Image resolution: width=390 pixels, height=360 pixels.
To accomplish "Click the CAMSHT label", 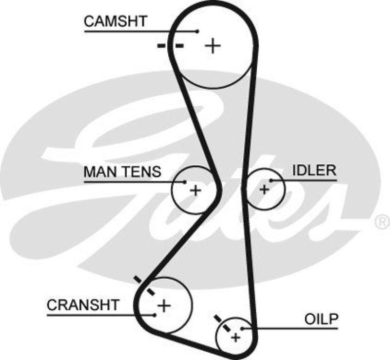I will pos(115,21).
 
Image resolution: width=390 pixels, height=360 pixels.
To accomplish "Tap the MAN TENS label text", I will pos(122,172).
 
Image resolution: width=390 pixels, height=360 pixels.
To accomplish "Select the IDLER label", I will pos(314,170).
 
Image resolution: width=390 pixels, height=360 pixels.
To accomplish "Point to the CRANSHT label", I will pos(83,305).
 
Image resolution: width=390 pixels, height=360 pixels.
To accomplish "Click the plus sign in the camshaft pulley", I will pos(213,46).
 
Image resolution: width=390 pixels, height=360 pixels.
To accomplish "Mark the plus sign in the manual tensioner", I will pos(195,190).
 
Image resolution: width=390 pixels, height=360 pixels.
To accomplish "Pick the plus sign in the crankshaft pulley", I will pos(164,306).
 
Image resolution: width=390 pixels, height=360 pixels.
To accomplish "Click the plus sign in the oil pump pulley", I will pos(236,337).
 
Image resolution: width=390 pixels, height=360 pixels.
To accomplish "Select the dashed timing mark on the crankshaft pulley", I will pos(144,285).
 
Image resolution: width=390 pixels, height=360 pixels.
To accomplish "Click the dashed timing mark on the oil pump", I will pos(223,323).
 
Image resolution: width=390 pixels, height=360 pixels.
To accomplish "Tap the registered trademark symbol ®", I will pos(381,222).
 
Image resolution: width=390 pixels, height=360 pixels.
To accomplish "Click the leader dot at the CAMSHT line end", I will pos(197,32).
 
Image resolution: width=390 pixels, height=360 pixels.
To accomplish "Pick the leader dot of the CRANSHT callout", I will pos(155,315).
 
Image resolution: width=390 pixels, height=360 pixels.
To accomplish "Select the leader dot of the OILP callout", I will pos(242,329).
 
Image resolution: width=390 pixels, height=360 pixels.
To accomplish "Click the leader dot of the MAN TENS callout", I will pos(185,182).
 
